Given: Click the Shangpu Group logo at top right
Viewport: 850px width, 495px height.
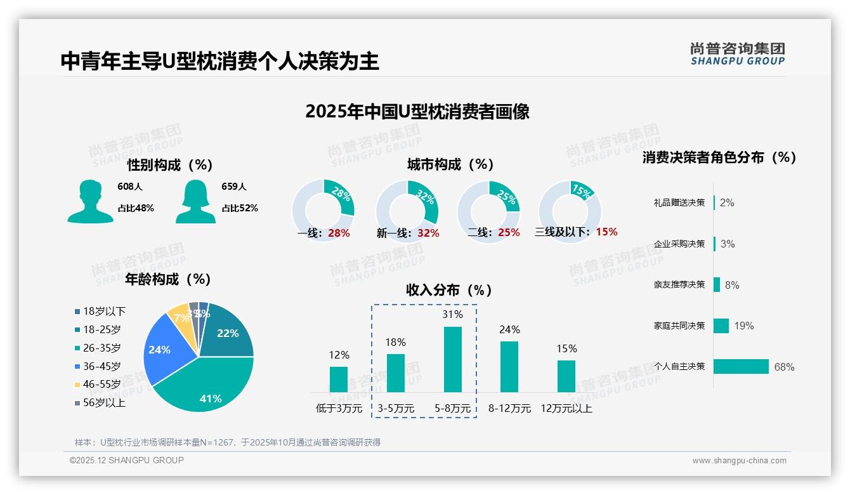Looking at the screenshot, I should (737, 53).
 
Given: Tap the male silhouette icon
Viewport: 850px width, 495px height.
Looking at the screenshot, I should (90, 201).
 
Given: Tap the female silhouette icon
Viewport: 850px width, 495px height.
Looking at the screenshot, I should (195, 201).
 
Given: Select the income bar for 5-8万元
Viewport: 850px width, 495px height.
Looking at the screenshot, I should (453, 359).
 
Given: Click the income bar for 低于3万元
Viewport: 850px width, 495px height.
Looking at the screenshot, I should (339, 379).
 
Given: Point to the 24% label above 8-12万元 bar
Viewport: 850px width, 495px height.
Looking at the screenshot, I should (509, 329).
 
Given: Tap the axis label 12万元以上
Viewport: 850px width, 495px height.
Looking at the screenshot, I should (566, 409).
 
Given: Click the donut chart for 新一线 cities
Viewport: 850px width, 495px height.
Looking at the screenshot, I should (407, 211).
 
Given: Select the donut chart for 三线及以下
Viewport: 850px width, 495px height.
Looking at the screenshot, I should (569, 211).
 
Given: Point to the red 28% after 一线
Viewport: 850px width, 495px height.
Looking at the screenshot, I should (339, 233).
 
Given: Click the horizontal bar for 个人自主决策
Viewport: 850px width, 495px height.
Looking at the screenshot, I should (741, 366).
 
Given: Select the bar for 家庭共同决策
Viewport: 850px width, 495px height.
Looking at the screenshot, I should (721, 326).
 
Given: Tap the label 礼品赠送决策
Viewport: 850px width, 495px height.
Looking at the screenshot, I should (679, 202).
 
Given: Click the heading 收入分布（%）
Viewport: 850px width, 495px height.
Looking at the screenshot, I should (449, 290).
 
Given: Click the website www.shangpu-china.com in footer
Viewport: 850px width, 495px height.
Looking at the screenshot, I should (739, 461).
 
